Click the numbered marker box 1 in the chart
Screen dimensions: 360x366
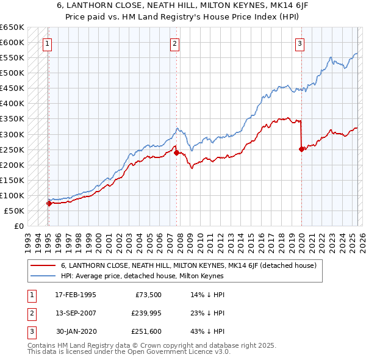tap(48, 43)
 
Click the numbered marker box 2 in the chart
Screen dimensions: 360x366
tap(175, 43)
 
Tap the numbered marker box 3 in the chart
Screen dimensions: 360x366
tap(300, 43)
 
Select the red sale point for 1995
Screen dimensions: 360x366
tap(49, 203)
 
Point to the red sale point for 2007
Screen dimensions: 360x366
tap(176, 153)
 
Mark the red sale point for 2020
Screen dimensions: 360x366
tap(301, 149)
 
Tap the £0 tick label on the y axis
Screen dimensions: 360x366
tap(18, 226)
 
